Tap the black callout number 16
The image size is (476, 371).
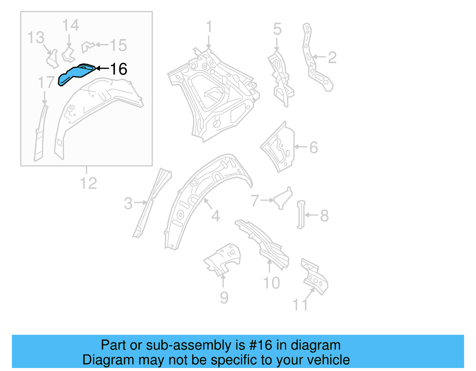(118, 69)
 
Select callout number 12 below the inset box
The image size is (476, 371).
(88, 183)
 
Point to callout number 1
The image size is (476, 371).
(209, 27)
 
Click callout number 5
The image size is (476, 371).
(277, 29)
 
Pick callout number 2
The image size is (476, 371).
(332, 57)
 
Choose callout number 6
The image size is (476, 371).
(314, 147)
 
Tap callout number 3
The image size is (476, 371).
(128, 203)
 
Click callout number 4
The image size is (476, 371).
(216, 216)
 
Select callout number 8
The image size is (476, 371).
(324, 216)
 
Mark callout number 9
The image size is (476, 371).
(224, 297)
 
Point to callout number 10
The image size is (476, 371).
(272, 282)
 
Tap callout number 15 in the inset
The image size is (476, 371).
(118, 45)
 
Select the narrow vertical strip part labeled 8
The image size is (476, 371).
(301, 214)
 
